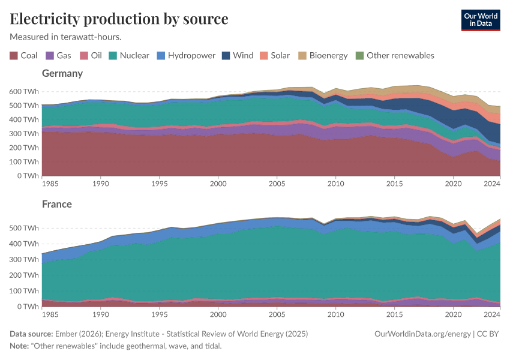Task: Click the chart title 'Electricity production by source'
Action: [119, 19]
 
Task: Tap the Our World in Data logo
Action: [480, 20]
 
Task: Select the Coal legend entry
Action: [23, 55]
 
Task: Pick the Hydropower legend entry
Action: [185, 55]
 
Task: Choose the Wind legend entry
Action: [238, 55]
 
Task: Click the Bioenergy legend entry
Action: [323, 55]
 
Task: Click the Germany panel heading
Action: [62, 73]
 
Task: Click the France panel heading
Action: [56, 204]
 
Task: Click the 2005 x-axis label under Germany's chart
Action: [277, 183]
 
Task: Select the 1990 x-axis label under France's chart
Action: [100, 314]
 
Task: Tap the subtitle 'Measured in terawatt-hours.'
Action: [65, 37]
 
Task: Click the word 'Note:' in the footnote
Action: [21, 346]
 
